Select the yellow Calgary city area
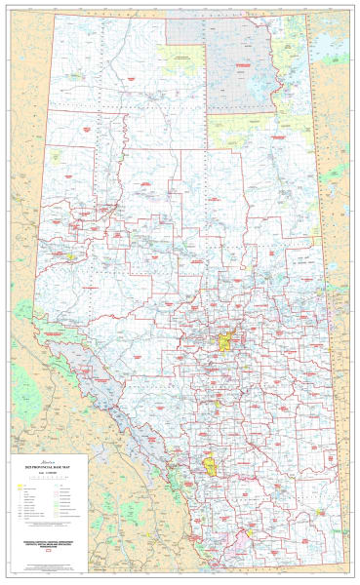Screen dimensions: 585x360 (210, 460)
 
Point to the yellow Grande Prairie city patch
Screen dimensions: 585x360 (71, 257)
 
